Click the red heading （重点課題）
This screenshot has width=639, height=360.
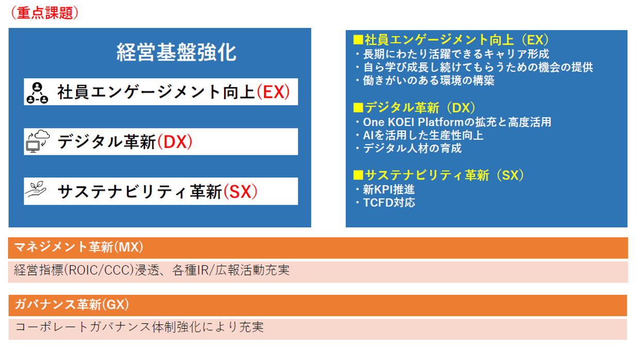tap(44, 13)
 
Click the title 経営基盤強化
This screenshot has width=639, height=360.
tap(177, 53)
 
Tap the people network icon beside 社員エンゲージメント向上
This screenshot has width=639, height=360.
tap(37, 93)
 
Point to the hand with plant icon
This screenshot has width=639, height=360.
tap(36, 189)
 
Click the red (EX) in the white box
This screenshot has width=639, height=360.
tap(273, 92)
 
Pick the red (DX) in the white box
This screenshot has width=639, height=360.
tap(175, 142)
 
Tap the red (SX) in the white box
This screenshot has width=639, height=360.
tap(241, 191)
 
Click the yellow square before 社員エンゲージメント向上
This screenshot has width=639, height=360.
tap(358, 40)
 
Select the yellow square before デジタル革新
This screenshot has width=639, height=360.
tap(358, 108)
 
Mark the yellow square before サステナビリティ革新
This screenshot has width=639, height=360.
tap(358, 175)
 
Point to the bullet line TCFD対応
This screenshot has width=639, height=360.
tap(385, 203)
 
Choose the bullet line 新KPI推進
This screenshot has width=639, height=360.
tap(385, 190)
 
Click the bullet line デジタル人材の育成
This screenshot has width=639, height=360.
tap(408, 148)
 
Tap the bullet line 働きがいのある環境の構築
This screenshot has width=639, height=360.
tap(425, 80)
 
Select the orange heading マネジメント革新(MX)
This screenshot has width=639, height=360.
tap(79, 247)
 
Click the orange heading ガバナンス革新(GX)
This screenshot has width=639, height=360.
tap(72, 304)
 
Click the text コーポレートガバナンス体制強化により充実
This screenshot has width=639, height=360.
tap(139, 327)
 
